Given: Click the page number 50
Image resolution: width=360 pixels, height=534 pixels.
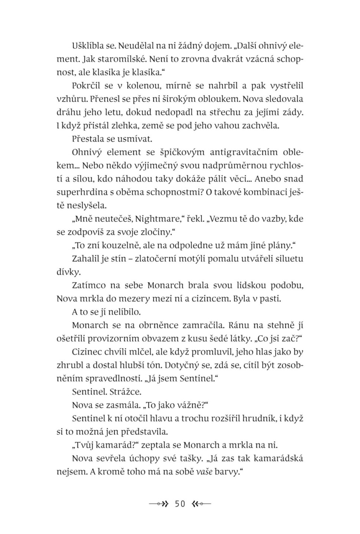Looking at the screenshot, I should tap(180, 504).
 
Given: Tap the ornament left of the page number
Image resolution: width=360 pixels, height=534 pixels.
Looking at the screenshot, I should tap(159, 504).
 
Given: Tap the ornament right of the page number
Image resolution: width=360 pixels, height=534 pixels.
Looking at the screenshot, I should tap(201, 504).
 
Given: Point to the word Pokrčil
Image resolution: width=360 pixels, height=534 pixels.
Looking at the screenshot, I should tap(86, 86).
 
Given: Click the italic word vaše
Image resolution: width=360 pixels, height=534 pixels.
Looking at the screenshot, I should tap(204, 472).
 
